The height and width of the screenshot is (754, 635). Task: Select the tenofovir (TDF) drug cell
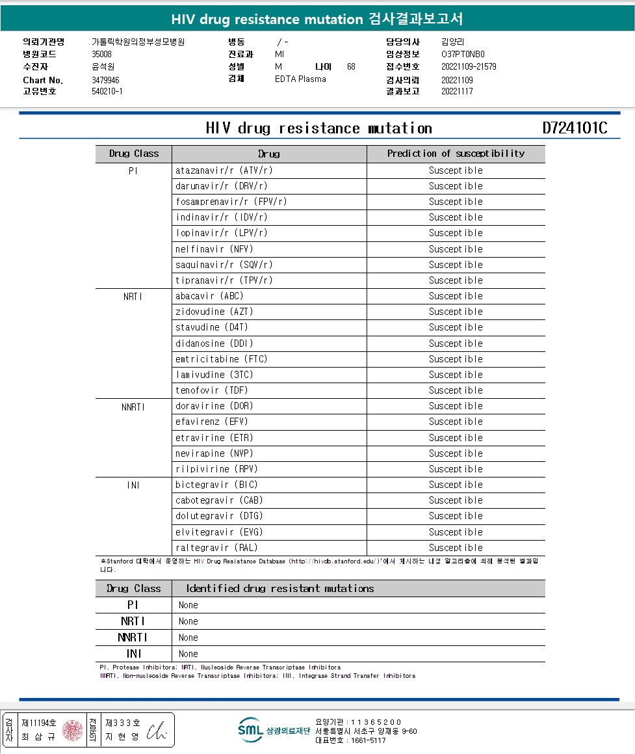[x=212, y=390]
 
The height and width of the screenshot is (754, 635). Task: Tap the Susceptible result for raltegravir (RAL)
[x=456, y=548]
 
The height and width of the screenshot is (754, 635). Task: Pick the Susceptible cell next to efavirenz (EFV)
[x=456, y=422]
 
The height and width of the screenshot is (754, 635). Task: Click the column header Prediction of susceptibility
[x=456, y=154]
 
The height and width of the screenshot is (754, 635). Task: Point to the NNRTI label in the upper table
[x=133, y=407]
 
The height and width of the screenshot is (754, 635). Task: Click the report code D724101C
[x=575, y=128]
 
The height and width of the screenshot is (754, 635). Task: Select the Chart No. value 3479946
[x=106, y=80]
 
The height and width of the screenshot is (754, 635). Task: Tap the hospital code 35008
[x=102, y=54]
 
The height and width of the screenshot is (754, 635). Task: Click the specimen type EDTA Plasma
[x=300, y=79]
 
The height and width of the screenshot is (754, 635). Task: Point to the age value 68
[x=351, y=66]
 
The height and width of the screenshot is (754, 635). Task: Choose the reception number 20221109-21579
[x=469, y=66]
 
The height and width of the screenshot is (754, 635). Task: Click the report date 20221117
[x=457, y=91]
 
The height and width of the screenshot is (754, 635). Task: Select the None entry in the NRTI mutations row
[x=188, y=621]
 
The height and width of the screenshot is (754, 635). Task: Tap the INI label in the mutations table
[x=133, y=654]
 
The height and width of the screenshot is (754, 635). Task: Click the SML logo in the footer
[x=250, y=729]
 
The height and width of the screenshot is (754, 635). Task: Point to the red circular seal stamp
[x=73, y=731]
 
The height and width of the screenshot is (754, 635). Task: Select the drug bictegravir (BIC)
[x=216, y=485]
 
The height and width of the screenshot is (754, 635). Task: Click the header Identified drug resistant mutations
[x=280, y=589]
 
